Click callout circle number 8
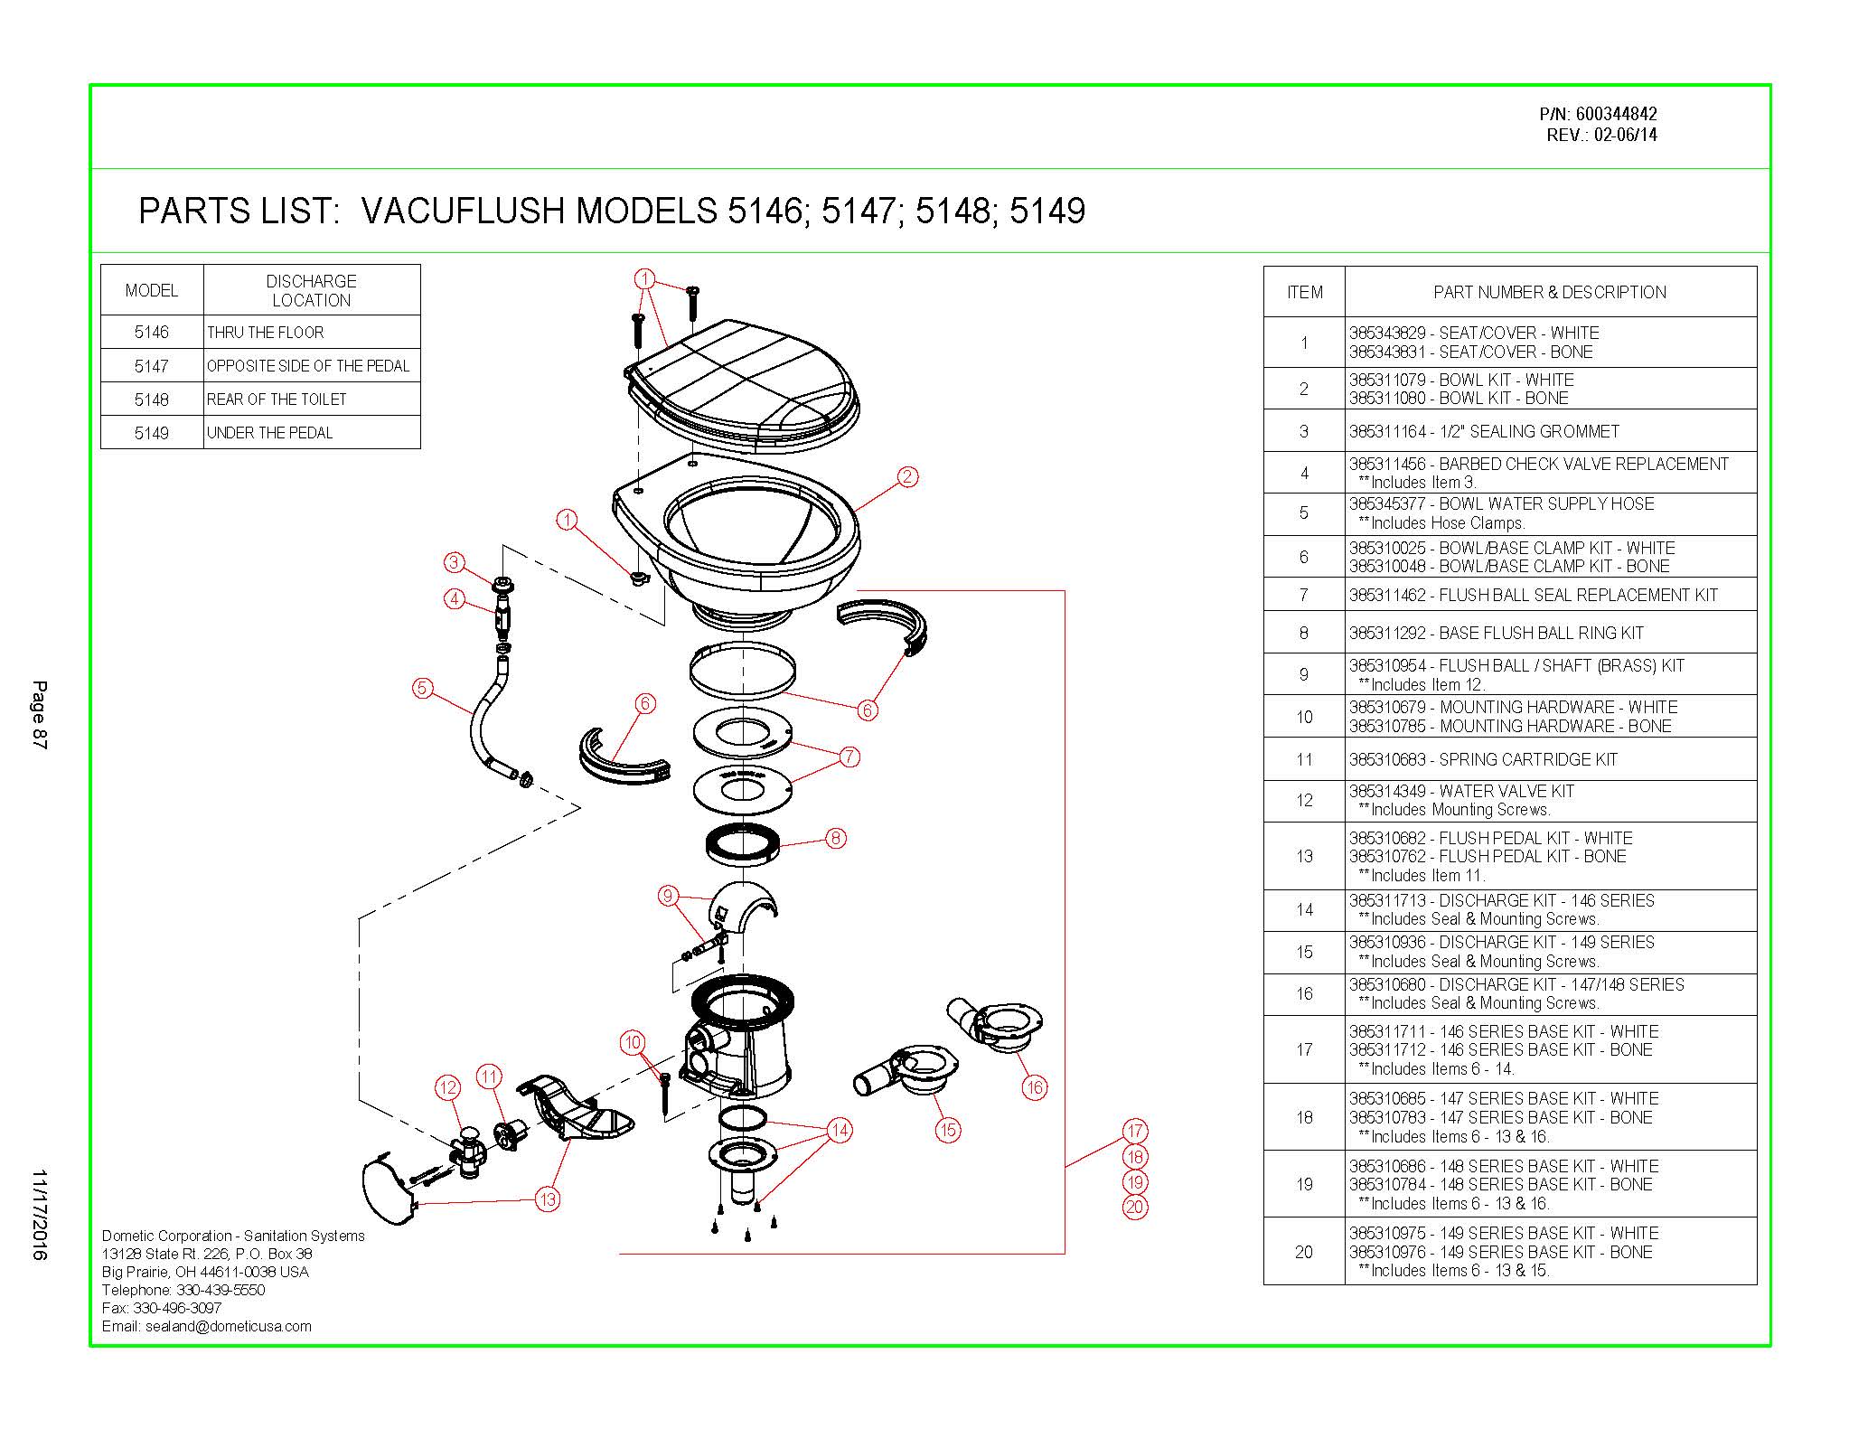836,838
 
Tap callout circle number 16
1035,1087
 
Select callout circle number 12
448,1087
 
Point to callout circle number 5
422,688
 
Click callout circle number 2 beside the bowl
907,476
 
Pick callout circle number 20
1135,1207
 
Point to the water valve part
468,1152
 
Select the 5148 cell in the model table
152,399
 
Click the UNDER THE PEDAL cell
269,433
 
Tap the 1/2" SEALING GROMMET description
1483,431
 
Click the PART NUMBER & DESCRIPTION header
1549,292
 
